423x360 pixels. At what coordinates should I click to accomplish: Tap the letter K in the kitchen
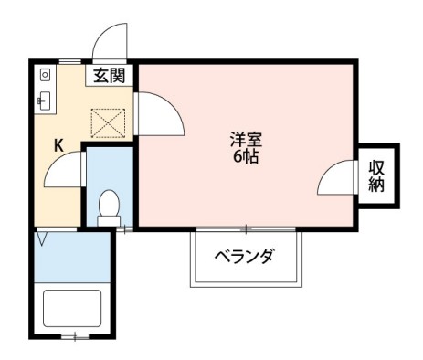[x=57, y=145]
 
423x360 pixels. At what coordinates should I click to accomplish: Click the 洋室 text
[x=247, y=141]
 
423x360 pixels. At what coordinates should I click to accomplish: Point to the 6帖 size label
[x=247, y=156]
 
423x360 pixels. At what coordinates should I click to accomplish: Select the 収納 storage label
[x=376, y=175]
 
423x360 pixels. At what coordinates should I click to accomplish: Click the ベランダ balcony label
[x=243, y=256]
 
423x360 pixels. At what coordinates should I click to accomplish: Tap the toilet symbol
[x=109, y=202]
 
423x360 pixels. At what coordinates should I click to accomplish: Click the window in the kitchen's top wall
[x=69, y=61]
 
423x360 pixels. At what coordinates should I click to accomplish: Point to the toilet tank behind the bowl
[x=109, y=218]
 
